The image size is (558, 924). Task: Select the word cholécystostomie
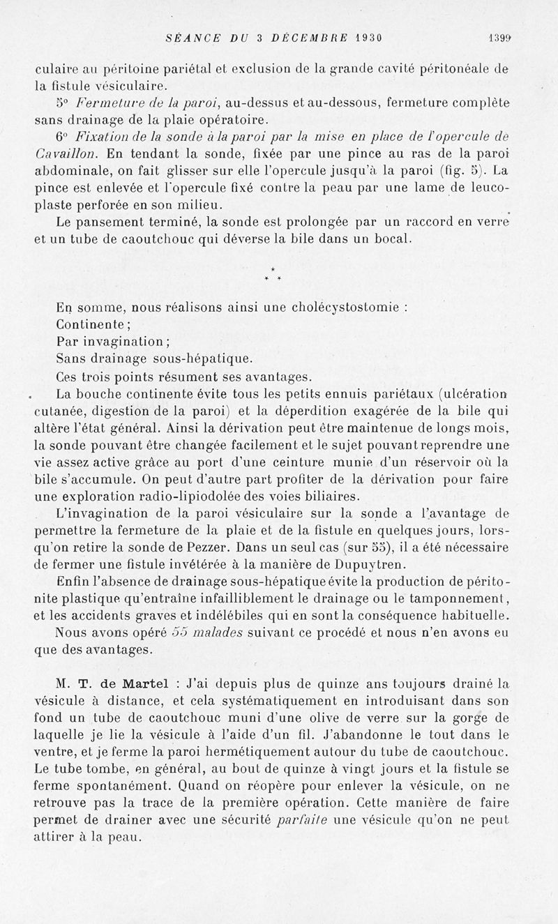tap(340, 306)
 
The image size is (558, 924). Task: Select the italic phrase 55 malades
tap(207, 633)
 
